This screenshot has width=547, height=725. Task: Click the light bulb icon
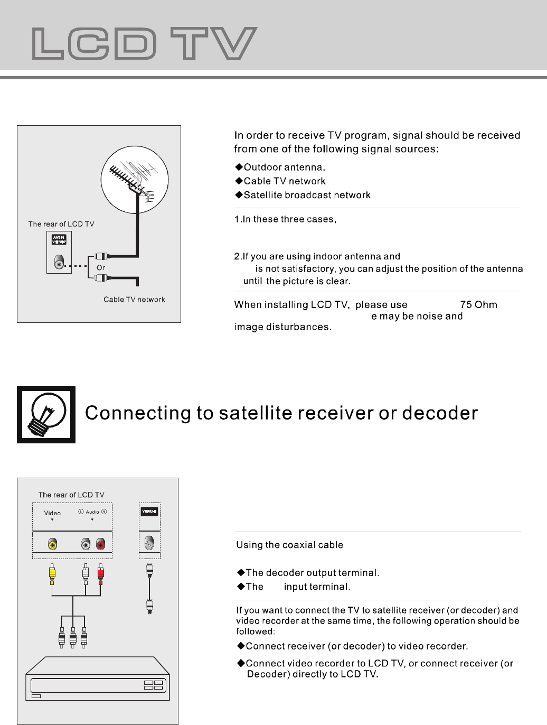(46, 414)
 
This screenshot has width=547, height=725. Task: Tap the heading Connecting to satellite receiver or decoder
(281, 413)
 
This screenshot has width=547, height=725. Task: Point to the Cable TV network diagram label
(134, 300)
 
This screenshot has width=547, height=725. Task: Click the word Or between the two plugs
(101, 267)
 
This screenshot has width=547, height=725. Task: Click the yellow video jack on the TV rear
(52, 544)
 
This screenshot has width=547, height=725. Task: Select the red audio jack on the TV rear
(100, 544)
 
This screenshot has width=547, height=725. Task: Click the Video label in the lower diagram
(52, 513)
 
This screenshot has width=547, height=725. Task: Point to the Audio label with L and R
(92, 512)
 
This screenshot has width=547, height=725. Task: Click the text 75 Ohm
(478, 304)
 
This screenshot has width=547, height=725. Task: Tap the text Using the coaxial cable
(290, 545)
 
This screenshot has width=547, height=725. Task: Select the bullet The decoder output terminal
(312, 573)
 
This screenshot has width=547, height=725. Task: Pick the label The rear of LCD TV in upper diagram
(61, 224)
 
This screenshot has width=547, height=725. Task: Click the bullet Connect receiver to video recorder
(356, 646)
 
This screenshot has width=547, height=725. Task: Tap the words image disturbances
(282, 327)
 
